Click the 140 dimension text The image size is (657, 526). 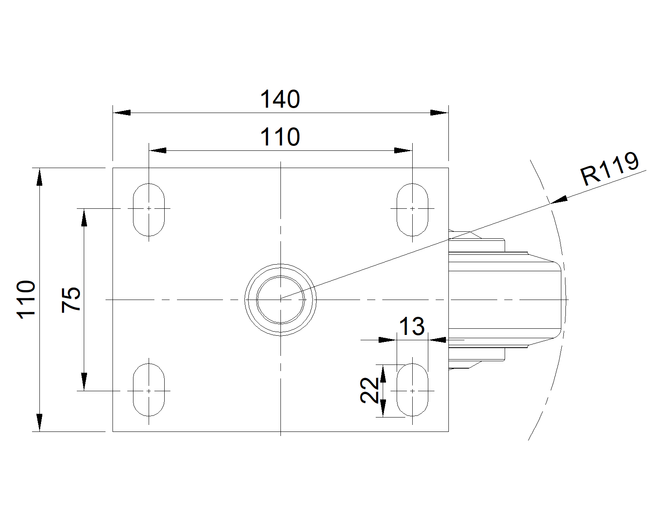click(x=280, y=99)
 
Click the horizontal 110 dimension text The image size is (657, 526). click(x=280, y=137)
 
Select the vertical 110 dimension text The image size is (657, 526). click(x=26, y=300)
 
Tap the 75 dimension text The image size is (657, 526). click(x=71, y=300)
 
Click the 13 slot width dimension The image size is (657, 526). click(x=412, y=327)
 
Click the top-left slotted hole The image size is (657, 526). click(x=149, y=210)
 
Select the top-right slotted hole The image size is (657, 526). click(x=412, y=210)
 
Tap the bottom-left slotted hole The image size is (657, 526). click(x=149, y=389)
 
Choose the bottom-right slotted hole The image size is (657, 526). click(x=412, y=389)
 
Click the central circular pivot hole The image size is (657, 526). click(x=280, y=300)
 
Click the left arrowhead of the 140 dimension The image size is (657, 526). click(x=122, y=113)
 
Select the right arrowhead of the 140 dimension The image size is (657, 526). click(x=439, y=113)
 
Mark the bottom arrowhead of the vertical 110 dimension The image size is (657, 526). click(x=39, y=422)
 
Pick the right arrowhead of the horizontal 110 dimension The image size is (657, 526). click(x=403, y=150)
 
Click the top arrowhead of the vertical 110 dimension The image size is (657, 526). click(x=39, y=177)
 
